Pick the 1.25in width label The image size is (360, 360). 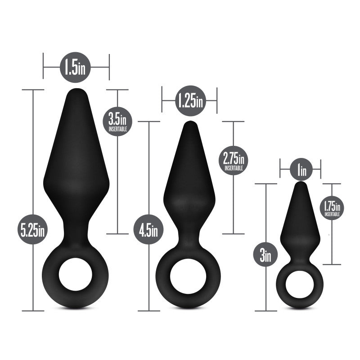click(x=189, y=100)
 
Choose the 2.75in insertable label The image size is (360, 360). click(x=234, y=160)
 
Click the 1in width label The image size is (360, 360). click(x=301, y=170)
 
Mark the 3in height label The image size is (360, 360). click(x=265, y=256)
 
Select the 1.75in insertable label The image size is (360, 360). click(x=332, y=208)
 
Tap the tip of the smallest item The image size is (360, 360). click(x=301, y=184)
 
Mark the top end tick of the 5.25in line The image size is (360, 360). click(x=33, y=90)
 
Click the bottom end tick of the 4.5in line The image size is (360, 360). click(x=148, y=310)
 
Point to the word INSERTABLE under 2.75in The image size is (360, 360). click(x=234, y=168)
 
